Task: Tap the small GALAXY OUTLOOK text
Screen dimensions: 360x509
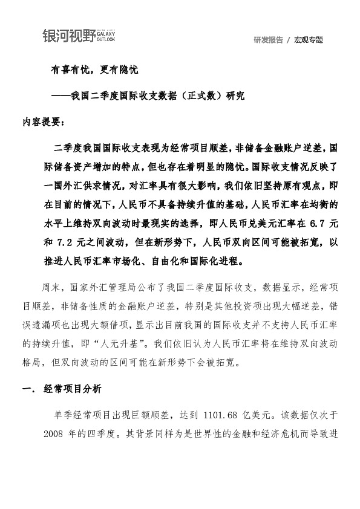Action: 106,37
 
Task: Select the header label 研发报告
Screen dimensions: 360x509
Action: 269,41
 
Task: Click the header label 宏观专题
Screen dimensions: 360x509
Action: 309,41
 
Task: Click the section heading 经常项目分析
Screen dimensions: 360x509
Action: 71,390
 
